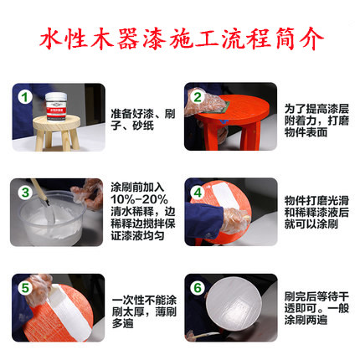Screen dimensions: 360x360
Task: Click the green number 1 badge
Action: tap(25, 97)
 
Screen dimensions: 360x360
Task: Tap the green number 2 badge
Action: tap(198, 97)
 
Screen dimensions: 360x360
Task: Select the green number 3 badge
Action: tap(25, 193)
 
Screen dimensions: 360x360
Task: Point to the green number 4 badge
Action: tap(198, 193)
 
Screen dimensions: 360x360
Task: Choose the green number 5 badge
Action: tap(25, 288)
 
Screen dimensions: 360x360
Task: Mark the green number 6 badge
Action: tap(198, 288)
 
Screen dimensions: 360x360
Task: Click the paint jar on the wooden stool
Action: tap(56, 107)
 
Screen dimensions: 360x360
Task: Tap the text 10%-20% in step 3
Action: tap(139, 199)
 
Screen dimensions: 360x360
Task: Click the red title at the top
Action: tap(182, 39)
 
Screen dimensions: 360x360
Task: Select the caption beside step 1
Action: tap(143, 120)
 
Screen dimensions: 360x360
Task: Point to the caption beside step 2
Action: tap(316, 121)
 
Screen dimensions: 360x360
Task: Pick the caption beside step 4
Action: tap(316, 212)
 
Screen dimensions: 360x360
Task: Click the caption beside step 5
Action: tap(144, 311)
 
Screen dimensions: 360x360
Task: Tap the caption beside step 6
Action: tap(316, 308)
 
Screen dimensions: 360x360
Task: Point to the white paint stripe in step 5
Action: tap(69, 311)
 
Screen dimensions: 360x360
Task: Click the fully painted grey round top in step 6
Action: tap(234, 304)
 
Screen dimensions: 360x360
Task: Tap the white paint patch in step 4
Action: tap(225, 195)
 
